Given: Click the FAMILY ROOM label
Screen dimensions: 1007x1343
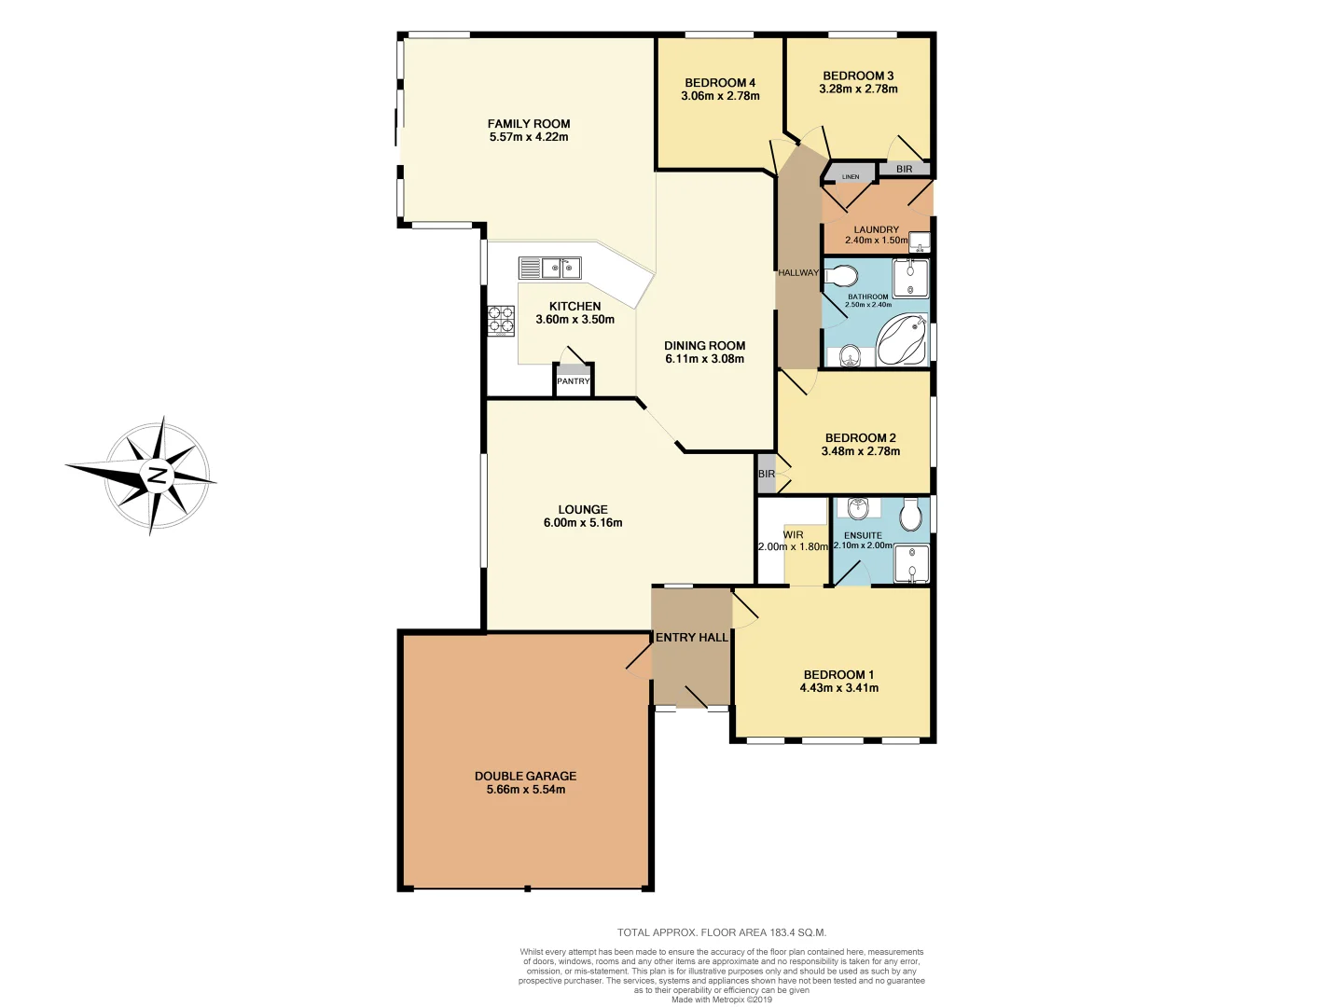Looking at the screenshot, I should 528,124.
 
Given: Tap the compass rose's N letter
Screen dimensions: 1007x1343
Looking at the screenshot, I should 157,476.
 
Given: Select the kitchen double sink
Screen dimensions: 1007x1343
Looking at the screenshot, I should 561,269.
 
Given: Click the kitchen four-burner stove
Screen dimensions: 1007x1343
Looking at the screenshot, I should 501,320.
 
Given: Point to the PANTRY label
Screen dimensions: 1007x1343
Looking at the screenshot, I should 573,381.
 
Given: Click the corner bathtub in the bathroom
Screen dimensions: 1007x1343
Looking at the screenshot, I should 901,340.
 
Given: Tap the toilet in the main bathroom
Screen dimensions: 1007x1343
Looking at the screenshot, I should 842,276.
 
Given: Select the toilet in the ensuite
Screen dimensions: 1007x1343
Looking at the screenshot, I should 911,514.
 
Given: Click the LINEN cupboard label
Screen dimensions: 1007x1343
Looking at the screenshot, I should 851,176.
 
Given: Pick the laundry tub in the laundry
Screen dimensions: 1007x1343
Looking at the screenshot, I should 919,243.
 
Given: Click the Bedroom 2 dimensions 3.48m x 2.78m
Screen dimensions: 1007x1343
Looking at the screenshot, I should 860,451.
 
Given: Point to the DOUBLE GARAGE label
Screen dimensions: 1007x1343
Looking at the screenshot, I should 525,776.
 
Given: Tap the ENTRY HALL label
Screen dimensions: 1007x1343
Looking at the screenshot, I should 691,638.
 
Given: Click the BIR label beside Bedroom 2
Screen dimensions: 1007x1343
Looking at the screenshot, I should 767,475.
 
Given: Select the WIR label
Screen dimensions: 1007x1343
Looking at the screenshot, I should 793,535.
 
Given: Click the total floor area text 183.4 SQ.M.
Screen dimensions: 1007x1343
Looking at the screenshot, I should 721,932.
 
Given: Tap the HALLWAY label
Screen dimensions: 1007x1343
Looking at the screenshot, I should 798,273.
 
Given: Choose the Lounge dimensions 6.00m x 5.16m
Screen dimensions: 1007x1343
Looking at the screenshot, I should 583,523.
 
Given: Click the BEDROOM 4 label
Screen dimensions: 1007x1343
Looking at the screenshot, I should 720,83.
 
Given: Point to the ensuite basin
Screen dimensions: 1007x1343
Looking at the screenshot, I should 857,508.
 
